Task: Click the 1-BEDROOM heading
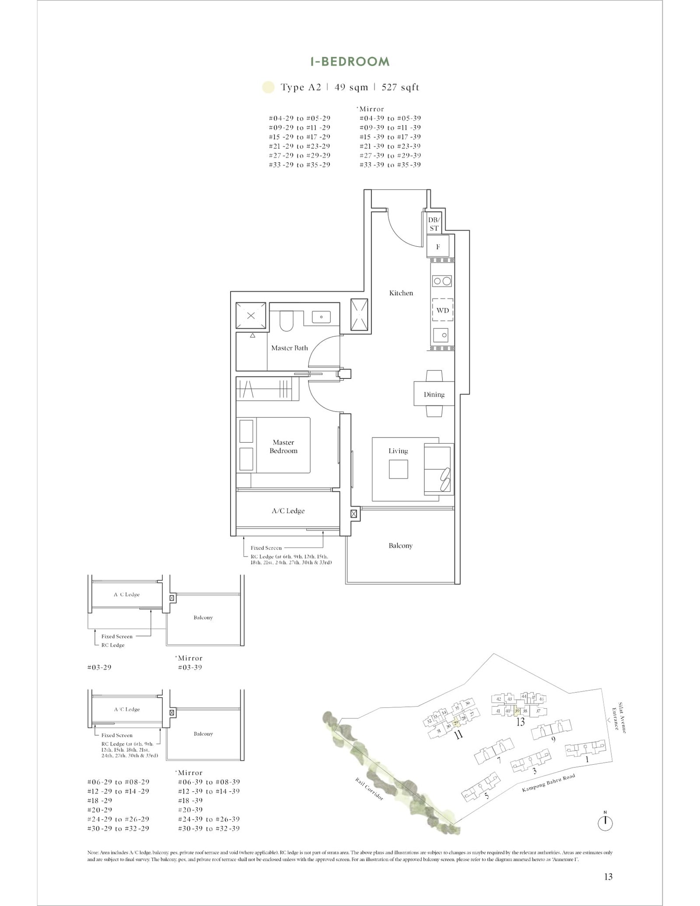[350, 62]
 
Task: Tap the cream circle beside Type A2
[268, 87]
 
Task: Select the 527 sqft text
[400, 87]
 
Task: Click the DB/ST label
[434, 224]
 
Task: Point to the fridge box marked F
[438, 247]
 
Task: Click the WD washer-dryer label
[442, 310]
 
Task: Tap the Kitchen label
[401, 293]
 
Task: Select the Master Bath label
[289, 348]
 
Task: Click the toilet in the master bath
[287, 322]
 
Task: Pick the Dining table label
[434, 395]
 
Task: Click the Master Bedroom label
[283, 447]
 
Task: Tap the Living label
[398, 451]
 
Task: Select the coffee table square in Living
[398, 469]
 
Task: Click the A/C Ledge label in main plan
[288, 511]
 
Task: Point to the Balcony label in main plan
[400, 546]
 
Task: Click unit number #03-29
[99, 668]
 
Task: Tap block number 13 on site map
[520, 722]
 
